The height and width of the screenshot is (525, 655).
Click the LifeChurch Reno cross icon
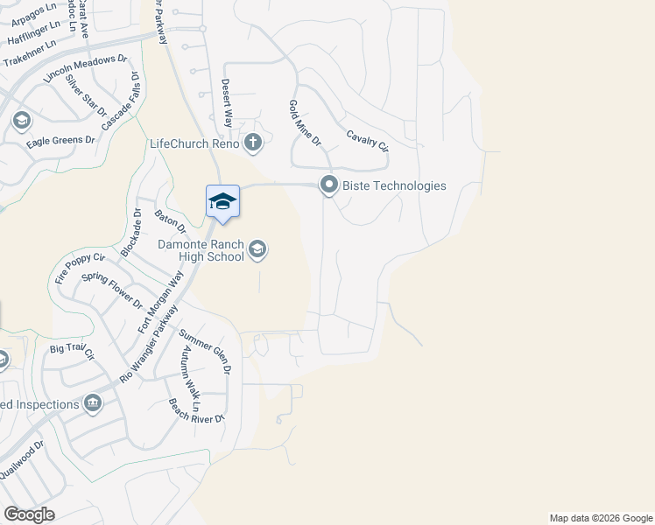253,143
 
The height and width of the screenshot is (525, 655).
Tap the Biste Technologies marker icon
329,185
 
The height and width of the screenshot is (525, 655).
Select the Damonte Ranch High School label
201,250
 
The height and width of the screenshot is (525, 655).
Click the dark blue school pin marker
222,201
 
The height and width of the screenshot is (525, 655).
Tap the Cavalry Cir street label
367,141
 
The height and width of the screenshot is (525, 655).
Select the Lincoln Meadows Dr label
85,73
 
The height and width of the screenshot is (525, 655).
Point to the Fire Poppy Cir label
80,269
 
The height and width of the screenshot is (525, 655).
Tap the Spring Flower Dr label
111,290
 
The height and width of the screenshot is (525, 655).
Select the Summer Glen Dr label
204,351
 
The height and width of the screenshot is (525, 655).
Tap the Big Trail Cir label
71,353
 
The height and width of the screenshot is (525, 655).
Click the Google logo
29,514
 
